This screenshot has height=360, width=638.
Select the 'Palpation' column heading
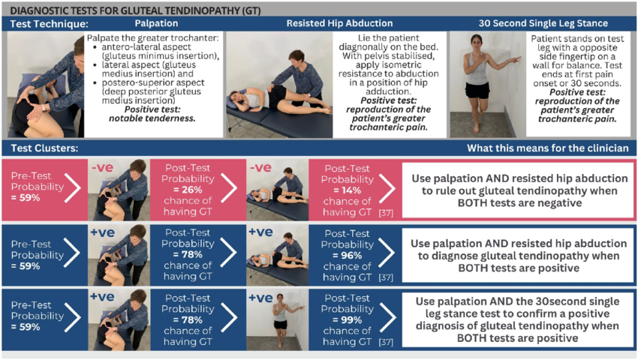coord(156,24)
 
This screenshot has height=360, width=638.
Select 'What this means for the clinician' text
coord(547,148)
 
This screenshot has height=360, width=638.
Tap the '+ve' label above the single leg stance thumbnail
coord(260,298)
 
